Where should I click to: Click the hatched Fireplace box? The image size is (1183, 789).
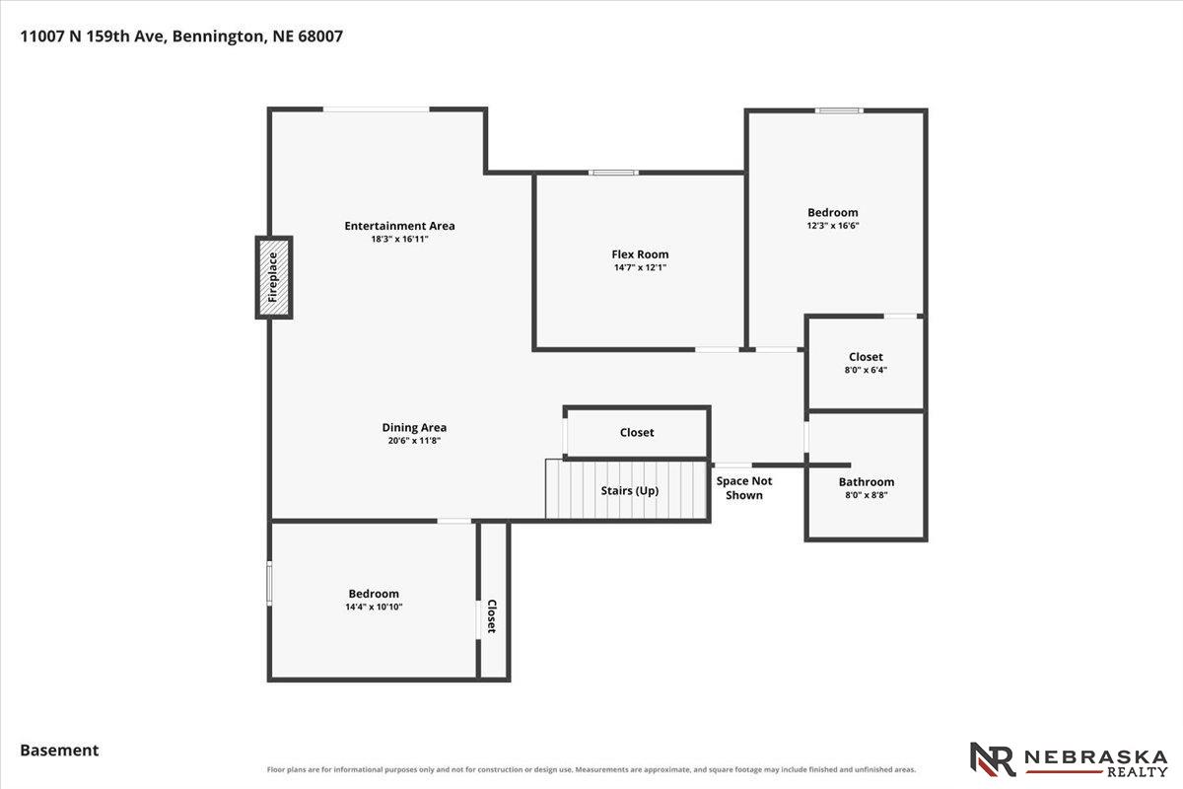pyautogui.click(x=274, y=277)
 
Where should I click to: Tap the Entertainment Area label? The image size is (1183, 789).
pyautogui.click(x=399, y=226)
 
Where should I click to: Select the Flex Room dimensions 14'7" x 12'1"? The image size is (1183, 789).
pyautogui.click(x=640, y=267)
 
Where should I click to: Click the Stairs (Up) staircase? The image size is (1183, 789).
pyautogui.click(x=626, y=489)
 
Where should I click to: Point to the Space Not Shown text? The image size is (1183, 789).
pyautogui.click(x=744, y=488)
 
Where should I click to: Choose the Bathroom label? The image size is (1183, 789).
pyautogui.click(x=867, y=482)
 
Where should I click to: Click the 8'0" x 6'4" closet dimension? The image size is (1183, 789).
pyautogui.click(x=866, y=370)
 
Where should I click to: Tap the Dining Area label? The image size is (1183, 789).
pyautogui.click(x=414, y=427)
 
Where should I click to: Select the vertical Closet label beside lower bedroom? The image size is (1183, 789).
pyautogui.click(x=491, y=616)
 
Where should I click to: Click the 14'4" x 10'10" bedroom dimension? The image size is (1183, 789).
pyautogui.click(x=374, y=607)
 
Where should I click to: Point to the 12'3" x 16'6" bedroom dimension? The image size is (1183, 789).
pyautogui.click(x=833, y=225)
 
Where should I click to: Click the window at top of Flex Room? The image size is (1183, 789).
pyautogui.click(x=613, y=173)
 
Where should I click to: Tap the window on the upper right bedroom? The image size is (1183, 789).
pyautogui.click(x=839, y=110)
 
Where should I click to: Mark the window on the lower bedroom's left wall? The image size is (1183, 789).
pyautogui.click(x=269, y=584)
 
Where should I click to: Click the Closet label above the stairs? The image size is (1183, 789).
pyautogui.click(x=637, y=432)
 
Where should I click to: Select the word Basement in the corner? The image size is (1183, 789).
pyautogui.click(x=59, y=751)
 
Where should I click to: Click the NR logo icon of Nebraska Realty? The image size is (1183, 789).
pyautogui.click(x=993, y=759)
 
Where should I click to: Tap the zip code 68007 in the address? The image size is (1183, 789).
pyautogui.click(x=320, y=36)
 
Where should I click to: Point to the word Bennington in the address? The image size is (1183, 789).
pyautogui.click(x=219, y=36)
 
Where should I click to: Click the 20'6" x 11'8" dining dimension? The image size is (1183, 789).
pyautogui.click(x=414, y=441)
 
